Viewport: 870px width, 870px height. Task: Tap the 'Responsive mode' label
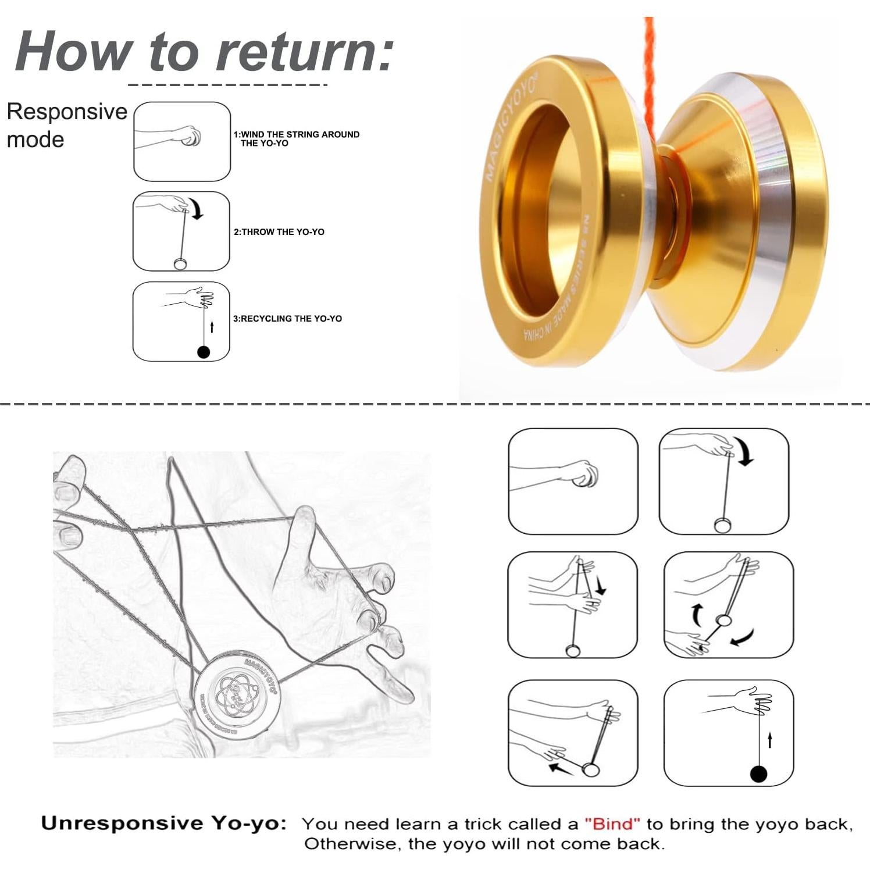[66, 125]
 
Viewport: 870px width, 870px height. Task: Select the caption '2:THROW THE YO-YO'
[279, 232]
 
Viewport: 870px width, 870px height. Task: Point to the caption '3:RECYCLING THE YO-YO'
[287, 319]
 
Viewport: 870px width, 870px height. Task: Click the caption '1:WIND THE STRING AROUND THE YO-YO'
[297, 138]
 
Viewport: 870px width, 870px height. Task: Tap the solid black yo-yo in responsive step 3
[204, 352]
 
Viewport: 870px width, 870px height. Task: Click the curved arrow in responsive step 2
[198, 208]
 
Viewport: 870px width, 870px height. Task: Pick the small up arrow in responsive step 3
[212, 327]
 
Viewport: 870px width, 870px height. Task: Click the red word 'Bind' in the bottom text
[612, 824]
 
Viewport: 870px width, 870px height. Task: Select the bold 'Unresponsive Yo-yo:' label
[164, 823]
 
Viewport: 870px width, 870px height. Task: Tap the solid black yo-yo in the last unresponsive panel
[758, 774]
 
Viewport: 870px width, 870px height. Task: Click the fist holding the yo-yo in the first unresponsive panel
[583, 474]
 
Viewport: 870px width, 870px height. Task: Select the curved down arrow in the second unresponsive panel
[744, 451]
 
